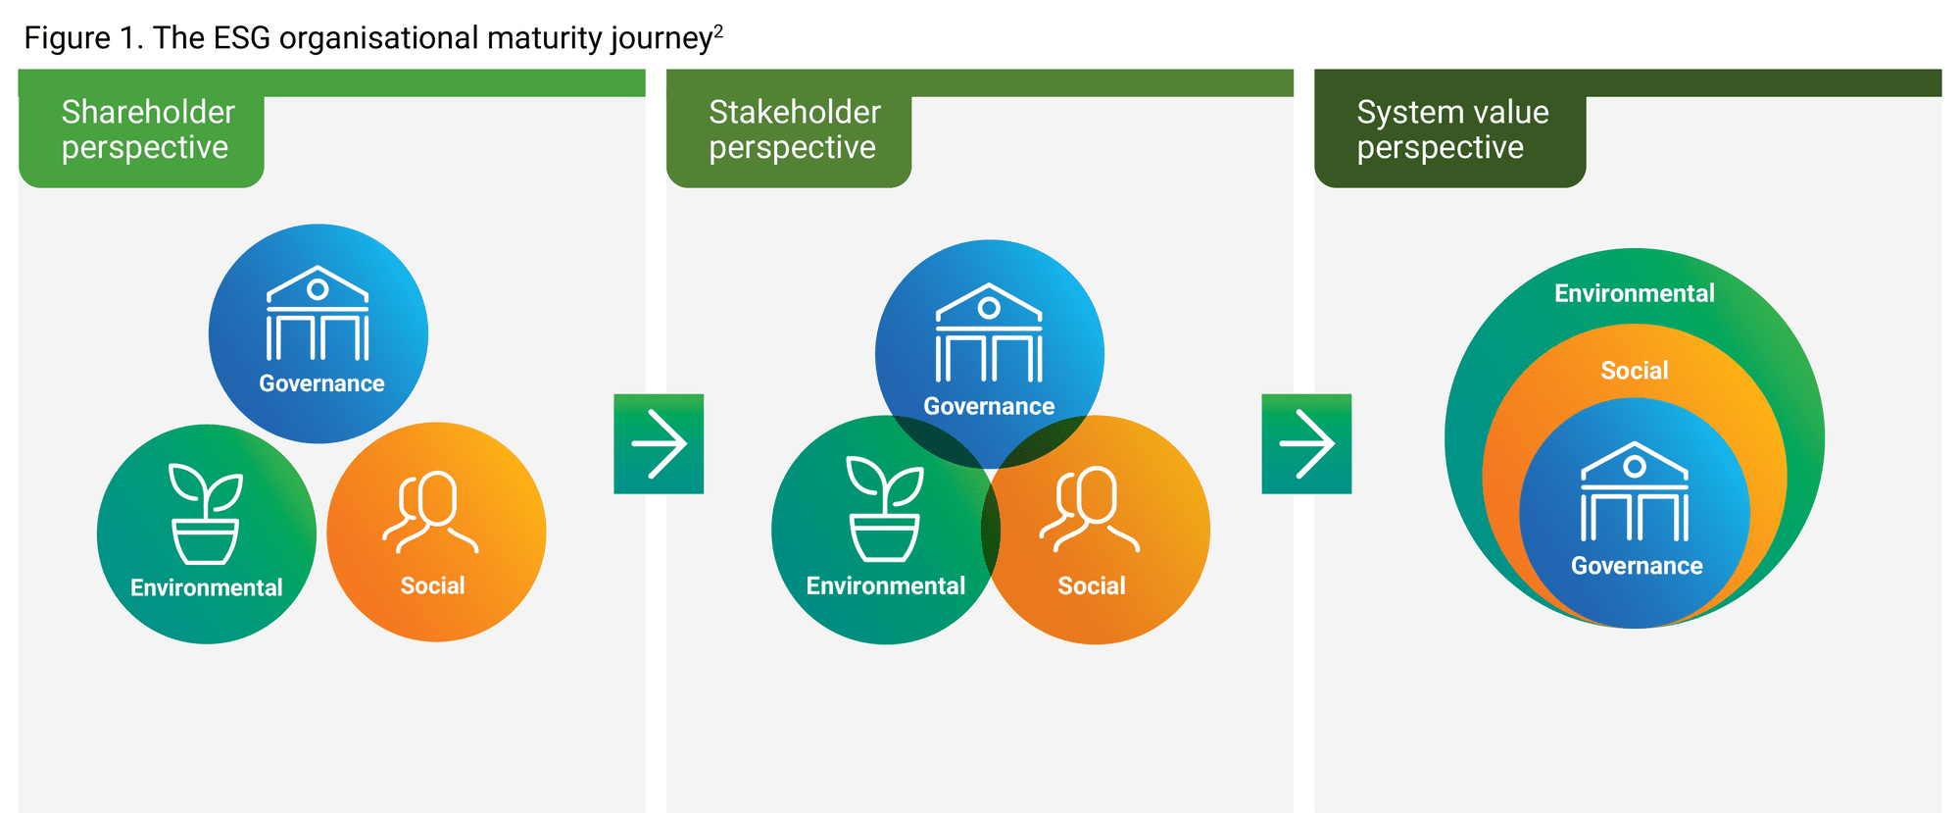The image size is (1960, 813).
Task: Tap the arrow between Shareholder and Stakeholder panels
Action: coord(659,443)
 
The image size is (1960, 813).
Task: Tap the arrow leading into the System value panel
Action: coord(1306,443)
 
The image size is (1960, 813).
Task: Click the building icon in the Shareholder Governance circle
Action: coord(318,313)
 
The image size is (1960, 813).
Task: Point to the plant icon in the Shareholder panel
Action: coord(206,514)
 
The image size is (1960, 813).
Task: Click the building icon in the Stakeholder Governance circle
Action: coord(989,332)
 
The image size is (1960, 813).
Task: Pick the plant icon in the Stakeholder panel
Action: coord(885,509)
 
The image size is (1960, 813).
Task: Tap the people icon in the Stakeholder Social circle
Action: coord(1090,509)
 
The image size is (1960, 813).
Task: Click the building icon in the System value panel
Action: coord(1635,491)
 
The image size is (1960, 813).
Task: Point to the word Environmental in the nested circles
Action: coord(1635,293)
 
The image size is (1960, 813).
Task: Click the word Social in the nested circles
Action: coord(1635,371)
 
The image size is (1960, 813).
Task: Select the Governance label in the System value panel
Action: coord(1637,566)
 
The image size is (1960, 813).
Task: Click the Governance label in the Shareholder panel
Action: coord(321,383)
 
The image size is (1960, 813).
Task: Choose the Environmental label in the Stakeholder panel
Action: coord(886,585)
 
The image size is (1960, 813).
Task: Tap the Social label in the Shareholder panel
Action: coord(432,585)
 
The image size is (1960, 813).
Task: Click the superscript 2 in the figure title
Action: coord(718,30)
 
